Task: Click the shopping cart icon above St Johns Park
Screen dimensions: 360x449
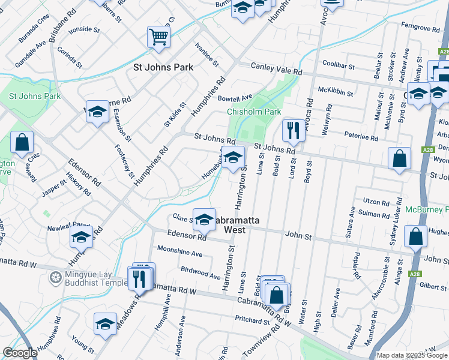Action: [x=158, y=37]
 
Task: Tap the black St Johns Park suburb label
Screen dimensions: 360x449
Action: [x=163, y=67]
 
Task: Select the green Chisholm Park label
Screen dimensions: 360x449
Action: [x=254, y=112]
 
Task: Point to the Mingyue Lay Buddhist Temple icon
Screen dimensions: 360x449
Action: [x=56, y=278]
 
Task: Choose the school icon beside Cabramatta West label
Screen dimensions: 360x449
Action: [x=204, y=220]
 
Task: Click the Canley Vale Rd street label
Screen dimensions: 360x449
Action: [x=276, y=70]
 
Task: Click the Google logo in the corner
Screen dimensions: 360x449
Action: [x=20, y=353]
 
